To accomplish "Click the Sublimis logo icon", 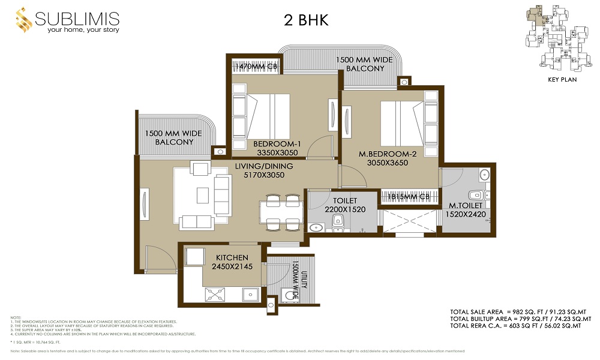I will [x=23, y=21].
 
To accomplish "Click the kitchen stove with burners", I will [x=215, y=294].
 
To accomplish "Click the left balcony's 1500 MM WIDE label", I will [x=174, y=137].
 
